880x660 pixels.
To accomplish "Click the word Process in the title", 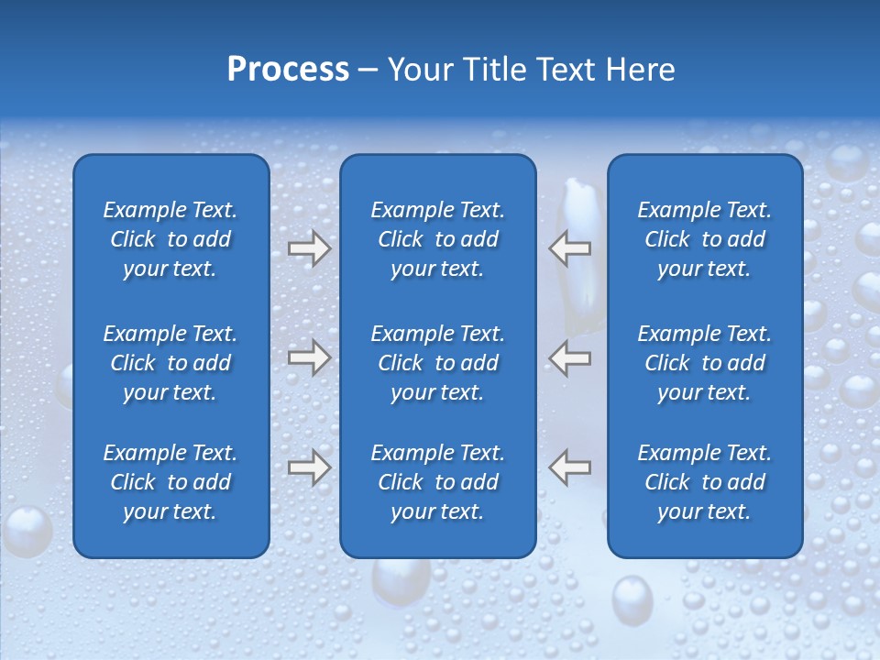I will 288,70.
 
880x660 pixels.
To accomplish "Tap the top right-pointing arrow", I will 309,248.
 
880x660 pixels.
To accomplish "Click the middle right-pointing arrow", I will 309,357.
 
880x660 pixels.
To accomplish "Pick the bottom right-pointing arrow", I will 309,467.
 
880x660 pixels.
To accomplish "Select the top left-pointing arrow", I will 570,248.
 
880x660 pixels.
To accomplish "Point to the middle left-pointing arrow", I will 570,357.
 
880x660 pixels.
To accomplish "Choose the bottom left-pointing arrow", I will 570,467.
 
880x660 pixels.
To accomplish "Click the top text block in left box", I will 170,239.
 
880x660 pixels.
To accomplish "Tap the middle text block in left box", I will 170,363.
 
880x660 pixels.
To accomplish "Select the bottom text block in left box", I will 170,482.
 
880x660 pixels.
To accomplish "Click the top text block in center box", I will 437,239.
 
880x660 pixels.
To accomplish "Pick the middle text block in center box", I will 437,363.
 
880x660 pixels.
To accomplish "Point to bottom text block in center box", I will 437,482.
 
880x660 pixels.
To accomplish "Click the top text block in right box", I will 704,239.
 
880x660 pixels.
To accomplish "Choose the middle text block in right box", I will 704,363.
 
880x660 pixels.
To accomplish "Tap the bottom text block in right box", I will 704,482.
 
